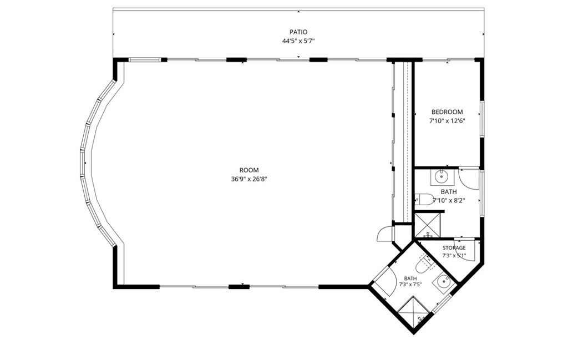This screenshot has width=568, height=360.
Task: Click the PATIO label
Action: click(x=298, y=32)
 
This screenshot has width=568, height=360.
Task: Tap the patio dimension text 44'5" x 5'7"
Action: click(x=298, y=41)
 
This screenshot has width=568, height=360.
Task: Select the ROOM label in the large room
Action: click(x=249, y=170)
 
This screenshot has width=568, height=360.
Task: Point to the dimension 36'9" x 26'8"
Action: click(x=249, y=179)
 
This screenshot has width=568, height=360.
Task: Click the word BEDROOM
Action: click(x=447, y=112)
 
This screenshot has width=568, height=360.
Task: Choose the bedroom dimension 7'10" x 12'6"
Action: click(x=447, y=121)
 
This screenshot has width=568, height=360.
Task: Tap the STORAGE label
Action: click(x=454, y=248)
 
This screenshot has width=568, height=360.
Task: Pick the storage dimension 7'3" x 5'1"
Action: click(x=454, y=255)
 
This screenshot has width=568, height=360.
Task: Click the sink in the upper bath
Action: click(x=441, y=177)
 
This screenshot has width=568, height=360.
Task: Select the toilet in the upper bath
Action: click(x=424, y=199)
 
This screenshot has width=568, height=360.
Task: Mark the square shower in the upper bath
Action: click(x=428, y=225)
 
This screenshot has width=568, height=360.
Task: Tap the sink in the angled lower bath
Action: click(x=443, y=281)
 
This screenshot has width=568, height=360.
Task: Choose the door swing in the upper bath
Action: click(x=469, y=178)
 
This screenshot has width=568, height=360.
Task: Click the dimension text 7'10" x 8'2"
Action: click(x=449, y=201)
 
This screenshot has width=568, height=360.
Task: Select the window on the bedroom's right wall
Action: click(x=482, y=119)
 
